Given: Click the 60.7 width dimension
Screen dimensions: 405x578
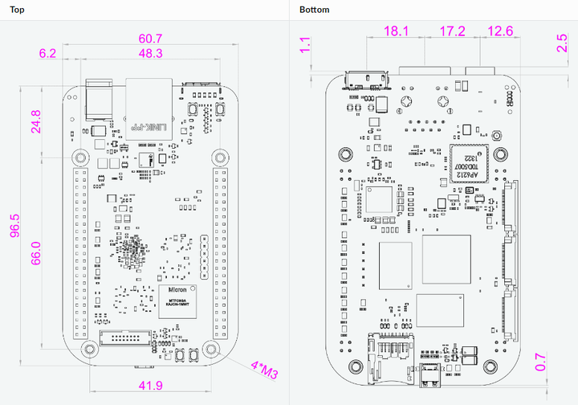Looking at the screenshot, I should (150, 39).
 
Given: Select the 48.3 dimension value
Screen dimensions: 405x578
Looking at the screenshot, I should (150, 53).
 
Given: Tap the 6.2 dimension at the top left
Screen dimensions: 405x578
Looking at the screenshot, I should (47, 53).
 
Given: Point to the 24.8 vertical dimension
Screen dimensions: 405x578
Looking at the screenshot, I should (36, 121).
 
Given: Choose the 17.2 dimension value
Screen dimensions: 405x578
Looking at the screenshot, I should (453, 31).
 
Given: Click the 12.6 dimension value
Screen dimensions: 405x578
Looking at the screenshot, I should (499, 31).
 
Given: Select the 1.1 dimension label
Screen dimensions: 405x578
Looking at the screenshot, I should (303, 46).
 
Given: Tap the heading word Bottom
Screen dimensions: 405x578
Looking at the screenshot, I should (314, 10).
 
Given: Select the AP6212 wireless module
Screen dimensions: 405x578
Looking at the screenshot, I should (467, 164).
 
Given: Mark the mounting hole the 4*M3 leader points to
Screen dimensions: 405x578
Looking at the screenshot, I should (212, 350).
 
